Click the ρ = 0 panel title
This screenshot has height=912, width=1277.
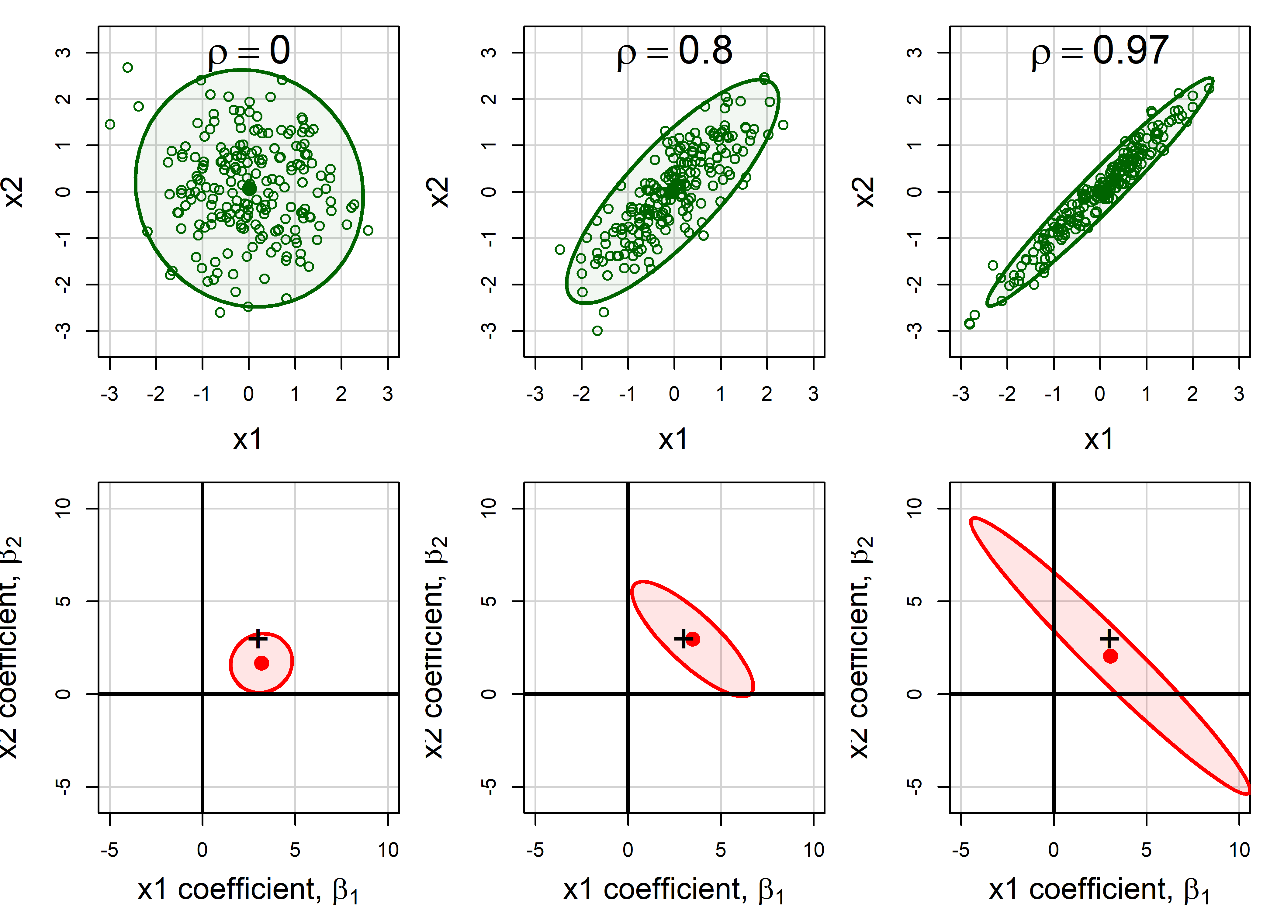pyautogui.click(x=249, y=52)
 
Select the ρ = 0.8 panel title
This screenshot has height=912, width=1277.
pyautogui.click(x=674, y=52)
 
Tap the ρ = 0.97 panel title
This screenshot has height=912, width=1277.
pyautogui.click(x=1099, y=52)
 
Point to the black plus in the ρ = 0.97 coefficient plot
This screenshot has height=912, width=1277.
pyautogui.click(x=1109, y=639)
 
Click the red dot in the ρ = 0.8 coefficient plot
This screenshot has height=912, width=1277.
pyautogui.click(x=693, y=639)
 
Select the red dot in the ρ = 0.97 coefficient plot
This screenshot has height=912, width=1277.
pyautogui.click(x=1110, y=656)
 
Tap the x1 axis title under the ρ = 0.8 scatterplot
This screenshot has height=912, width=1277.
pyautogui.click(x=673, y=439)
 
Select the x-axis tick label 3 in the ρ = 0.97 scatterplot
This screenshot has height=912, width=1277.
pyautogui.click(x=1239, y=394)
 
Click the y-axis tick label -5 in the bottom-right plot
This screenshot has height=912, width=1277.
pyautogui.click(x=915, y=786)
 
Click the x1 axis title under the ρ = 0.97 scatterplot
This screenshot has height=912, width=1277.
pyautogui.click(x=1099, y=439)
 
